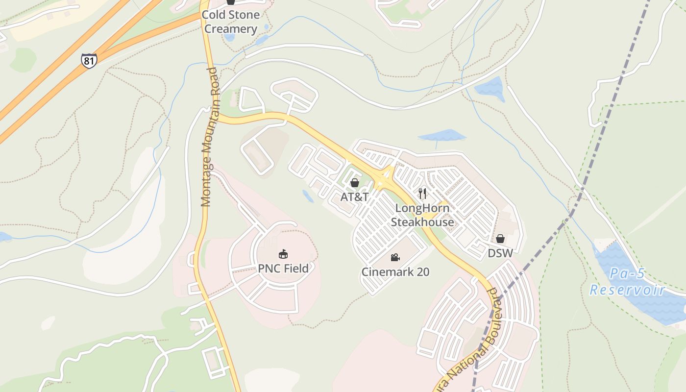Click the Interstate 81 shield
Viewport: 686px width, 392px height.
pos(89,60)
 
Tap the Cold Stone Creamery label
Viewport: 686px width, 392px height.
pos(231,22)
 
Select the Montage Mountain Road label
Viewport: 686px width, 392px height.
pos(210,137)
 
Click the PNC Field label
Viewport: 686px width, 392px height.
pos(284,269)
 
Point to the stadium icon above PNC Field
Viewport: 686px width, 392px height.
pos(283,254)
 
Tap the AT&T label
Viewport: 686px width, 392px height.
pos(355,197)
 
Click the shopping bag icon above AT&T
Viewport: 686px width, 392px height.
pos(355,183)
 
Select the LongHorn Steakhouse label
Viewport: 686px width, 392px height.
pos(422,215)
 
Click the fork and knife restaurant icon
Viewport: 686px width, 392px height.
pos(423,193)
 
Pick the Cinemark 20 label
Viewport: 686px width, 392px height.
pos(395,271)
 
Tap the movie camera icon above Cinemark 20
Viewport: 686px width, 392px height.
pos(395,257)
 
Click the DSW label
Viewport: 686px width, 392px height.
pos(500,253)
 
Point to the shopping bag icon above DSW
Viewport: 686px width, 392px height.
pos(500,239)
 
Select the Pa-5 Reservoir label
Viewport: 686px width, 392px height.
pos(627,282)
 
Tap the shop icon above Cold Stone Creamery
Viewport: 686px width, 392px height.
pos(231,2)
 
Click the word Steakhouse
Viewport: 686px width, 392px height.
pos(422,222)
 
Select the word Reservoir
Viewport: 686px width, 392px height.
pos(627,290)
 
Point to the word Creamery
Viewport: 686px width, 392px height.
pos(231,29)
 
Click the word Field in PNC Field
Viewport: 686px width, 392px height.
pos(296,269)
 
